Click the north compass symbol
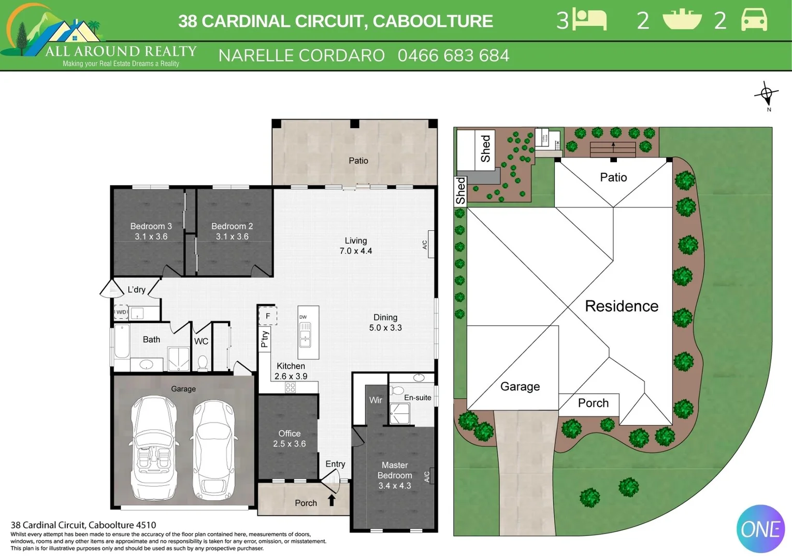(767, 95)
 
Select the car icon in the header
(754, 20)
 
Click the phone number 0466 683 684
(453, 55)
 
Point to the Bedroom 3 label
(151, 231)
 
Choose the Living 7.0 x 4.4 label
(356, 246)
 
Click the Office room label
(289, 438)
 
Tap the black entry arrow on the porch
(332, 500)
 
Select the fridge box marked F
(268, 315)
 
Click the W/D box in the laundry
(121, 312)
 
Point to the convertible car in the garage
(153, 447)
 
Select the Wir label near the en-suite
(376, 400)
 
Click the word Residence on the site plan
(622, 306)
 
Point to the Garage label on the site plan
(520, 386)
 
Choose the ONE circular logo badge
(760, 529)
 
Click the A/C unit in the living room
(430, 244)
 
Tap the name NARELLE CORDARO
(301, 55)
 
